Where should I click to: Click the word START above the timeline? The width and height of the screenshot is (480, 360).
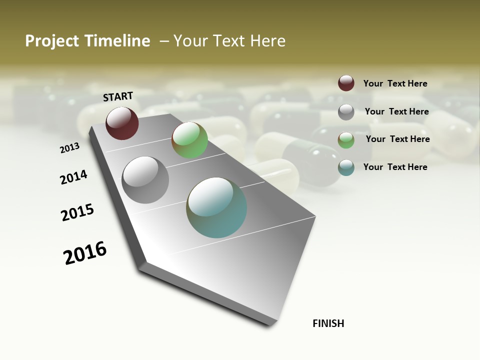pos(118,96)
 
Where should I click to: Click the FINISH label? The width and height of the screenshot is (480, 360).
pos(328,323)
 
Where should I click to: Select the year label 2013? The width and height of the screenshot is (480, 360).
pos(69,148)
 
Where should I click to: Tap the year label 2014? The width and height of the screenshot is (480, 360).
pos(73,177)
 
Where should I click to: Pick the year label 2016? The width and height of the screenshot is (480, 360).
pos(85,253)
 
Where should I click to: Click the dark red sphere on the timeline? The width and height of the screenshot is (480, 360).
pos(122,123)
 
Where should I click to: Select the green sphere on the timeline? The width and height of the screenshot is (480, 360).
pos(189,140)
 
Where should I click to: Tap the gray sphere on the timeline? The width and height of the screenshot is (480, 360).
pos(145,180)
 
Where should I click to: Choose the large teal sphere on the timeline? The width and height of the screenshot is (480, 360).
pos(216,207)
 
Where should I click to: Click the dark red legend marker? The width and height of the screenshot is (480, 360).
pos(346,83)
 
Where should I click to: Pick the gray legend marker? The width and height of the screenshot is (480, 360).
pos(346,112)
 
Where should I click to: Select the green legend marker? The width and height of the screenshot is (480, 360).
pos(346,140)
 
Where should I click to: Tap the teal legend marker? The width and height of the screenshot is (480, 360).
pos(346,167)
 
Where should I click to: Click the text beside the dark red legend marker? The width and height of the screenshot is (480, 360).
pos(395,83)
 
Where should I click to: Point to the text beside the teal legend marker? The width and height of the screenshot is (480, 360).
pos(395,167)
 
